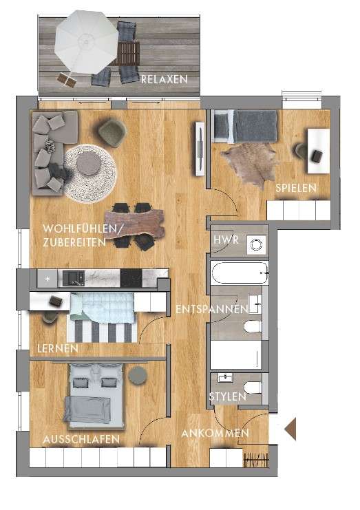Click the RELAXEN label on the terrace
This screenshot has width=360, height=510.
pyautogui.click(x=164, y=80)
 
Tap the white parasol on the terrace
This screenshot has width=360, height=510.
pyautogui.click(x=86, y=41)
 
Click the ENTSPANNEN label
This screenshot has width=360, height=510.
pyautogui.click(x=211, y=310)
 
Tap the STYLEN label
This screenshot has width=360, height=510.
pyautogui.click(x=227, y=397)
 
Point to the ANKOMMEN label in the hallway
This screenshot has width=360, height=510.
pyautogui.click(x=215, y=434)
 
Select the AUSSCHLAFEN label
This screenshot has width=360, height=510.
pyautogui.click(x=81, y=439)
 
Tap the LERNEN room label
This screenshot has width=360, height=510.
pyautogui.click(x=59, y=350)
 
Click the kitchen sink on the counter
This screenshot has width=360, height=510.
pyautogui.click(x=73, y=277)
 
